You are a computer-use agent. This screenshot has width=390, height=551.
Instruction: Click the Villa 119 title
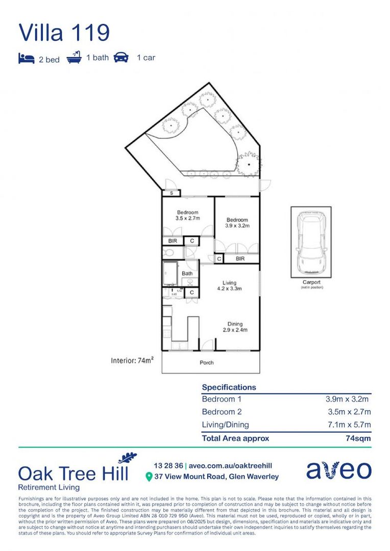64,32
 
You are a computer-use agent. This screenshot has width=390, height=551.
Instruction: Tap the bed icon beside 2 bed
27,58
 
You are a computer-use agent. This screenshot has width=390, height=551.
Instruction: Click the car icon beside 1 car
121,57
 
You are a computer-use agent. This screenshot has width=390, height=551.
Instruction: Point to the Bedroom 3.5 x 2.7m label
187,215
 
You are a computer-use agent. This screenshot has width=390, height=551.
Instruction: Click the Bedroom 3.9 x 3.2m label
237,222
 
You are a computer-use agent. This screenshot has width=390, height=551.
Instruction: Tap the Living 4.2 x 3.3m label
229,286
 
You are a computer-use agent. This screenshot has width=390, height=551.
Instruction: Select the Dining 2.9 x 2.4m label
235,327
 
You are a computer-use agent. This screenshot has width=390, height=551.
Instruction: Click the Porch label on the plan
207,363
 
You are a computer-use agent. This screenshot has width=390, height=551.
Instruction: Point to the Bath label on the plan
187,274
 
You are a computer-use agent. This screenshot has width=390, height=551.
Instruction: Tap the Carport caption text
311,282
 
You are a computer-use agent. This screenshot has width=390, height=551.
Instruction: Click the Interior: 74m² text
132,361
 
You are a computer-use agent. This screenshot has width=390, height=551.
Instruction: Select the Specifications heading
229,387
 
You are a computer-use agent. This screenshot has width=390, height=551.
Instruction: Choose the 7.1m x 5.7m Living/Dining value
349,425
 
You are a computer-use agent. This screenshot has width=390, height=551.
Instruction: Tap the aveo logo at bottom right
338,470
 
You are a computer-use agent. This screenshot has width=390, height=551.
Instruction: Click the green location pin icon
149,477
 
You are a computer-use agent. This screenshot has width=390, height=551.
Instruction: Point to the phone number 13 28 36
168,466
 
